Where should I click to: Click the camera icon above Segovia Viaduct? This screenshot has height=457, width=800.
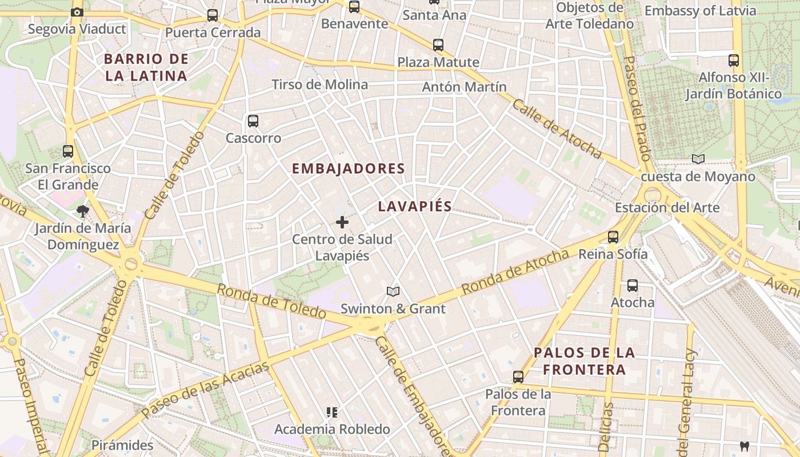coord(77,12)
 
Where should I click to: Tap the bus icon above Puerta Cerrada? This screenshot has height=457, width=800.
coord(213,15)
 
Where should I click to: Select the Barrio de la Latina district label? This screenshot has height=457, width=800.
coord(146,67)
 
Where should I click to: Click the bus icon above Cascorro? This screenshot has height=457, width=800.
coord(253,121)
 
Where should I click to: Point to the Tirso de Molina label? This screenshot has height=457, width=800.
coord(320,85)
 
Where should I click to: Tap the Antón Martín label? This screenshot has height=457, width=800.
coord(464,87)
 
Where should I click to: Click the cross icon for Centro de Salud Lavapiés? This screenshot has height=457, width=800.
coord(342,222)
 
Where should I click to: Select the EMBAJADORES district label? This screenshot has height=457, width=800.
coord(348,169)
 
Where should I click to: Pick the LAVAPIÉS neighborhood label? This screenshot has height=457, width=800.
coord(415,207)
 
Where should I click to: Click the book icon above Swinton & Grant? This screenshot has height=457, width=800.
coord(393,292)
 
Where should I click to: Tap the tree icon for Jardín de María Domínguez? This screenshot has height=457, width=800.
coord(83,211)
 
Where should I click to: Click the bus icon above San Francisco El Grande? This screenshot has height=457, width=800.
coord(68,151)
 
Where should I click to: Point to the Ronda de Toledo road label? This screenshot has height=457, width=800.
coord(271,301)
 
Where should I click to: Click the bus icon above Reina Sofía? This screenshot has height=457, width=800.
coord(613,236)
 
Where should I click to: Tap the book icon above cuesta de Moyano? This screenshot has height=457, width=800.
coord(698,159)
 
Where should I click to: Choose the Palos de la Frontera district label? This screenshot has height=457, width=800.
coord(584,361)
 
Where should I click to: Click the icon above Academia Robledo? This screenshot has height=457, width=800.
coord(331,412)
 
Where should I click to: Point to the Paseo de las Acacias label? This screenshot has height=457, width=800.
coord(205,390)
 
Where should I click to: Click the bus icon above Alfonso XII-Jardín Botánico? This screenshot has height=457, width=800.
coord(734,60)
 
